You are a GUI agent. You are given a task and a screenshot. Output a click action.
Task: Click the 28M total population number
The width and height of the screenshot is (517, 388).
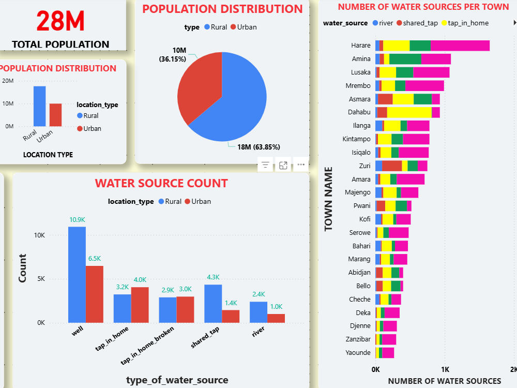(60, 21)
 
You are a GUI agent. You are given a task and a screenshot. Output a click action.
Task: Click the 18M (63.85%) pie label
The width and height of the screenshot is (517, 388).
(258, 147)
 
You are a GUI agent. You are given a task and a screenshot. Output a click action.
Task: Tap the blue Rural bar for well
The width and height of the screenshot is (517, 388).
(77, 275)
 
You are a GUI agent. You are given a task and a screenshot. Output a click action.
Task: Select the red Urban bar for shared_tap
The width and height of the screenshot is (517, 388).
(231, 317)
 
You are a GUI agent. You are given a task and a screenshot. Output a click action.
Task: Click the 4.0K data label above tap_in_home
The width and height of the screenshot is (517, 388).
(140, 280)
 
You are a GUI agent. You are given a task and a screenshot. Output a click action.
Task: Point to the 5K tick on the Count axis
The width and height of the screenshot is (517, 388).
(41, 279)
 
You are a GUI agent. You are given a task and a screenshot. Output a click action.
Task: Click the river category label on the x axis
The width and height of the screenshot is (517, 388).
(258, 332)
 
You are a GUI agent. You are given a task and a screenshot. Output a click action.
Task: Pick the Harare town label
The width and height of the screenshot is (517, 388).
(361, 46)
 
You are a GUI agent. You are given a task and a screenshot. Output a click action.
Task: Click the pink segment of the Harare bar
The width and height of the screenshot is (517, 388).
(460, 46)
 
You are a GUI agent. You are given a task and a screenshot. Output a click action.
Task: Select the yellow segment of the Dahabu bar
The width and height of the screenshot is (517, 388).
(409, 112)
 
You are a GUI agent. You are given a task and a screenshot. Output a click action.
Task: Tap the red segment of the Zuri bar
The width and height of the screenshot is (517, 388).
(392, 166)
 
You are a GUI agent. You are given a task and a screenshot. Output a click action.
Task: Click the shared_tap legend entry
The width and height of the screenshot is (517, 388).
(417, 23)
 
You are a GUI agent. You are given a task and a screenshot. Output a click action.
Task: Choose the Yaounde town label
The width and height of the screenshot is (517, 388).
(358, 353)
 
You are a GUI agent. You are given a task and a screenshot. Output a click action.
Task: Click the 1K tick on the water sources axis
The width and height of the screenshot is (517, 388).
(445, 369)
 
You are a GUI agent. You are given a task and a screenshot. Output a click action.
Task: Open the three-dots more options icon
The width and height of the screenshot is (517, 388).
(301, 165)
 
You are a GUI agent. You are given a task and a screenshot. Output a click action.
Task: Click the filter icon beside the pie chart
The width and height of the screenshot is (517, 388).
(265, 165)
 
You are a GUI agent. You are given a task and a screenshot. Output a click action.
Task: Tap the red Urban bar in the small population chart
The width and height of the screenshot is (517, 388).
(55, 115)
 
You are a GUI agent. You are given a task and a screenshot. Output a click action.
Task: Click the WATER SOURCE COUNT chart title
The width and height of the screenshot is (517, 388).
(161, 184)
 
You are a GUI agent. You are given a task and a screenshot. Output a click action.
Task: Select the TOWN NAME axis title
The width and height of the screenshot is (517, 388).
(328, 199)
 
